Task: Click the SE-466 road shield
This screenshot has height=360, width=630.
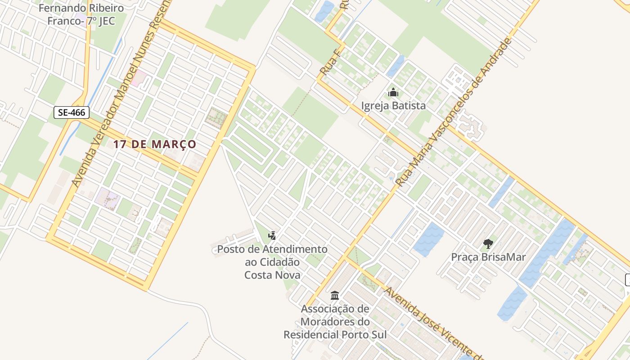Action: tap(72, 112)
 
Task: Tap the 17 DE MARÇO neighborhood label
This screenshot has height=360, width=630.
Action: tap(154, 144)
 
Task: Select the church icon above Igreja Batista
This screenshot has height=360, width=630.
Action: tap(393, 93)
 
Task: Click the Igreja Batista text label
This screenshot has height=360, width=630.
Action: tap(393, 106)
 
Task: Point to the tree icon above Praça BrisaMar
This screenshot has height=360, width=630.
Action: tap(488, 244)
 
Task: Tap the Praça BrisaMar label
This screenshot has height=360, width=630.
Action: tap(488, 257)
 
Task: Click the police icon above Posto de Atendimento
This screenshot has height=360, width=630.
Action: tap(272, 235)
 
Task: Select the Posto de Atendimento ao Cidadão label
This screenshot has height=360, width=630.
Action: tap(272, 261)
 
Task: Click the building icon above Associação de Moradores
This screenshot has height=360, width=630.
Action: tap(335, 296)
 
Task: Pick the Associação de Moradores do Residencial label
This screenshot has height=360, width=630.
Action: tap(335, 322)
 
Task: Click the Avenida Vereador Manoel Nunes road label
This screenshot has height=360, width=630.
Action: tap(119, 103)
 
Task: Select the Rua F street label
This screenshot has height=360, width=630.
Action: tap(328, 65)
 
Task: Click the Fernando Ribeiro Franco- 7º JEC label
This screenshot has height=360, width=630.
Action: tap(81, 14)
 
